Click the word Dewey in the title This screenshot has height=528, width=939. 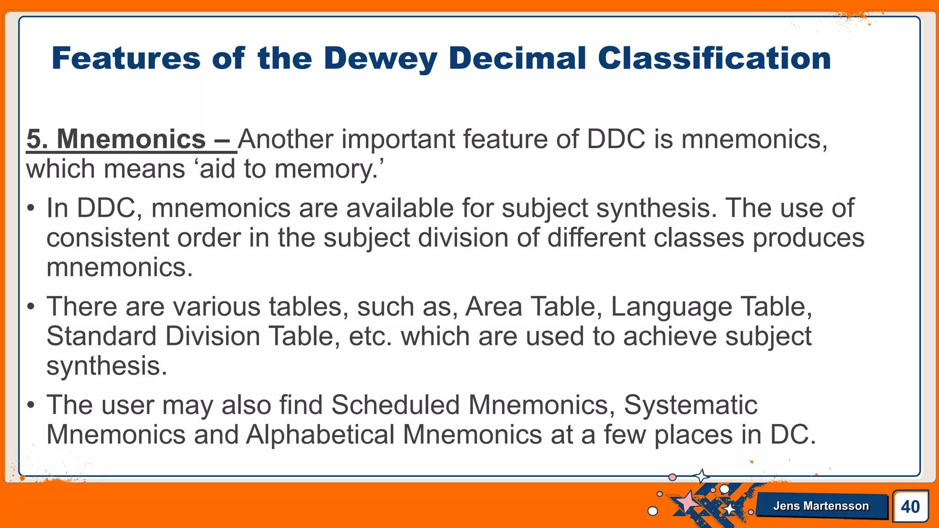pos(380,59)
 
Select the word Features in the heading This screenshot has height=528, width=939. pos(126,59)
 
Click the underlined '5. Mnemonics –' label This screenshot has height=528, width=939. pos(131,139)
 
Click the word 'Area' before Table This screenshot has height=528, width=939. pos(494,307)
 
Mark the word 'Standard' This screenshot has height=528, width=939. pos(101,336)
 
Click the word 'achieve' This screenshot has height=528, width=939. pos(670,336)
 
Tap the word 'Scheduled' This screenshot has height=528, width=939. pos(395,405)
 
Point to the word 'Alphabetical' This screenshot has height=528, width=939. pos(320,435)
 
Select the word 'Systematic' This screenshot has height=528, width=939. pos(690,405)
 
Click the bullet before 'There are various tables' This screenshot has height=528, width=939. pos(31,307)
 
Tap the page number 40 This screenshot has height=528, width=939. pos(910,506)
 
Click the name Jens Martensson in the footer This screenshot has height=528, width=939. pos(821,506)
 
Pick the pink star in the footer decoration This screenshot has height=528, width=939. pos(687,501)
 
